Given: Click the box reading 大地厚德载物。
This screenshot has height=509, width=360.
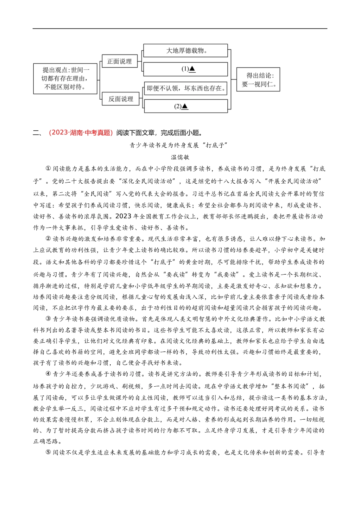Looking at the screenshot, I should tap(185, 51).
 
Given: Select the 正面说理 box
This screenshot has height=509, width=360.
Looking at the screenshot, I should tap(119, 61).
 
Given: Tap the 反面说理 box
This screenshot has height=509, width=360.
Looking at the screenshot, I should tap(121, 99).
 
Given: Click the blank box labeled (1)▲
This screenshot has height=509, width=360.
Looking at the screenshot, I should tap(185, 69).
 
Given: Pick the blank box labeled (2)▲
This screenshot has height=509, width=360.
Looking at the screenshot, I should tap(185, 106).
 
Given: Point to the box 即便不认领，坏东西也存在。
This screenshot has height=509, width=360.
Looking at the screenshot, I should tap(186, 88).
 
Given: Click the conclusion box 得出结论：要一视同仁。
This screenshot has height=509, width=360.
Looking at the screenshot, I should tap(258, 80).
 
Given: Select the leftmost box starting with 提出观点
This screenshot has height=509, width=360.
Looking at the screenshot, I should tap(66, 78).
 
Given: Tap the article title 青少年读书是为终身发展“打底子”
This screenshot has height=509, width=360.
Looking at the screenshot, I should tap(178, 145).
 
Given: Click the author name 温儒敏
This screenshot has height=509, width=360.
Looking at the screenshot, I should tap(180, 157).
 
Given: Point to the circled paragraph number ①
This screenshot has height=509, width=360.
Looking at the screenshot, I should tap(48, 169).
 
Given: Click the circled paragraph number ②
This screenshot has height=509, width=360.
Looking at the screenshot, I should tap(48, 239).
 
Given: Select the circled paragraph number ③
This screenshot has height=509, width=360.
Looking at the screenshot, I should tap(48, 319).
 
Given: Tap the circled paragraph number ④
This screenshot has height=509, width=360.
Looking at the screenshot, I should tap(48, 374).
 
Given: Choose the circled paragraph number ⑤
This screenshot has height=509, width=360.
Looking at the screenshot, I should tap(48, 453).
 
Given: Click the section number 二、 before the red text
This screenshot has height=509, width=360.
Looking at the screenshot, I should tap(38, 133).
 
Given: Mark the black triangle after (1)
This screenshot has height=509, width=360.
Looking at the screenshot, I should tap(192, 69).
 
